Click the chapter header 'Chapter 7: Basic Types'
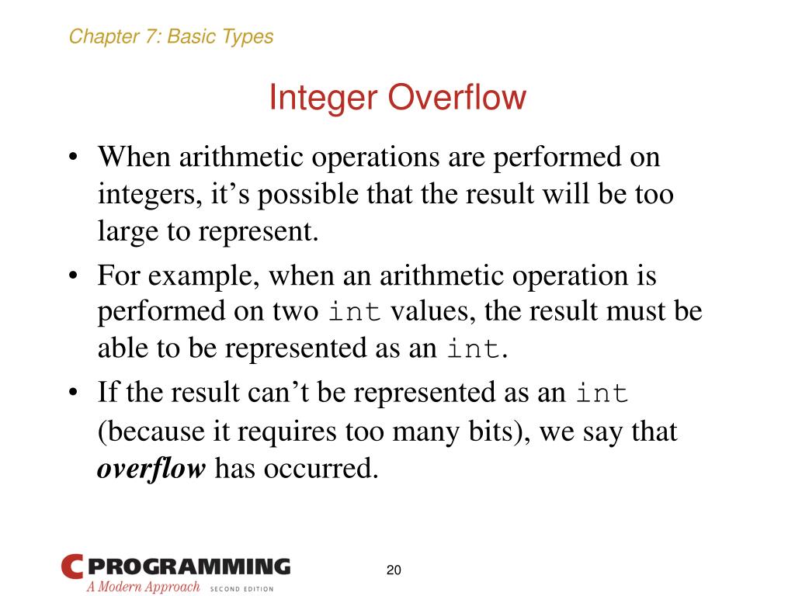point(171,36)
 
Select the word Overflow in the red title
point(457,99)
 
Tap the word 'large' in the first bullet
point(123,232)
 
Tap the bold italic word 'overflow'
point(151,469)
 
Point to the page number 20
point(394,570)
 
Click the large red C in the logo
point(71,567)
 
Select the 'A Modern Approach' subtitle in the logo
point(143,587)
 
